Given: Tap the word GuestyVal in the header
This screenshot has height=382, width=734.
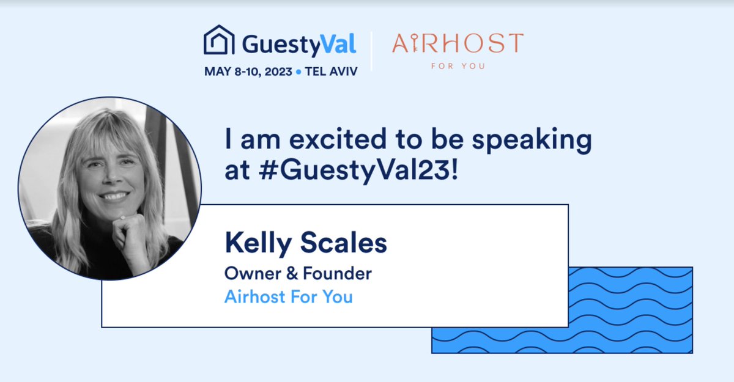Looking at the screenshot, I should [x=299, y=43].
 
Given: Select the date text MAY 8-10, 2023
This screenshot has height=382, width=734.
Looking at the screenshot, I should [x=248, y=72].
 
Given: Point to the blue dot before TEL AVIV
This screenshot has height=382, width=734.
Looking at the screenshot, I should [x=298, y=72].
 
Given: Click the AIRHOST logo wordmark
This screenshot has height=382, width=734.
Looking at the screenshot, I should [x=458, y=44].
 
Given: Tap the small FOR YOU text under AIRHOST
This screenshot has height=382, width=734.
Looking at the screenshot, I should [x=458, y=65].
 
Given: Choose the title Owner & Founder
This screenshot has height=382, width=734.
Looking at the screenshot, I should [x=298, y=273].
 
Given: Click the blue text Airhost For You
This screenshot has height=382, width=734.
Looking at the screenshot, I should [x=289, y=297].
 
